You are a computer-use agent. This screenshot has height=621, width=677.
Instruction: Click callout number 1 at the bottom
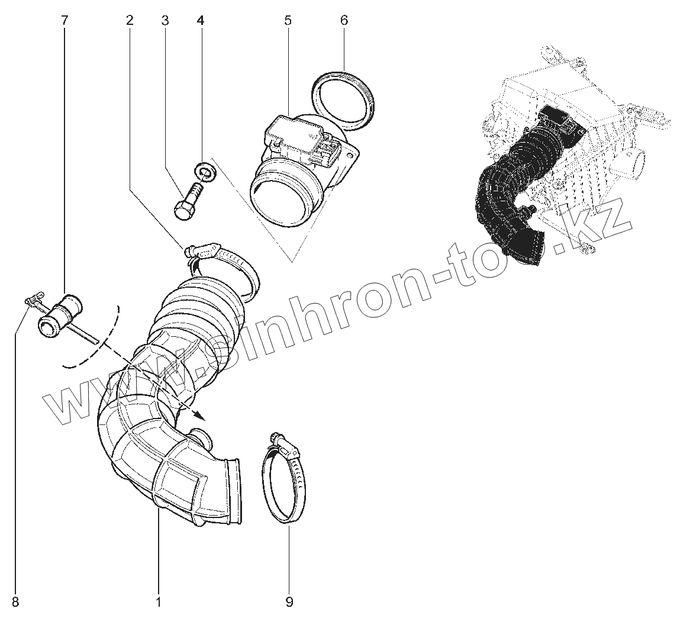158,603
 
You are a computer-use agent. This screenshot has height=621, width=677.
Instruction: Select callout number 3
165,21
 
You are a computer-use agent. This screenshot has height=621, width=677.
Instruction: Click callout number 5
288,21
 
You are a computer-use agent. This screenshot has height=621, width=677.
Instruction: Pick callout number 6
344,21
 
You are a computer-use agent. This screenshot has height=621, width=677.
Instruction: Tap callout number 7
65,21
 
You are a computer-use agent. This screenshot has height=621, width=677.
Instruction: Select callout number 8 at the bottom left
15,603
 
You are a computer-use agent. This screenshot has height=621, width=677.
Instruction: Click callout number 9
289,603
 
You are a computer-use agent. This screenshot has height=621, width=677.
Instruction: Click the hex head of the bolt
183,210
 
